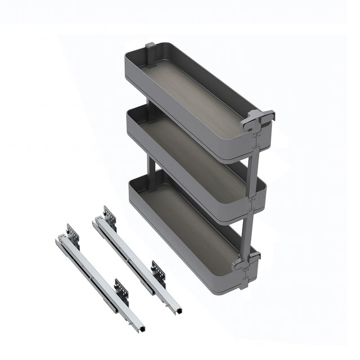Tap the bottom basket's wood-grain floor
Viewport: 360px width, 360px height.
(x=191, y=217)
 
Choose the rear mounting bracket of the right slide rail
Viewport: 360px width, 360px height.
(x=109, y=214)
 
